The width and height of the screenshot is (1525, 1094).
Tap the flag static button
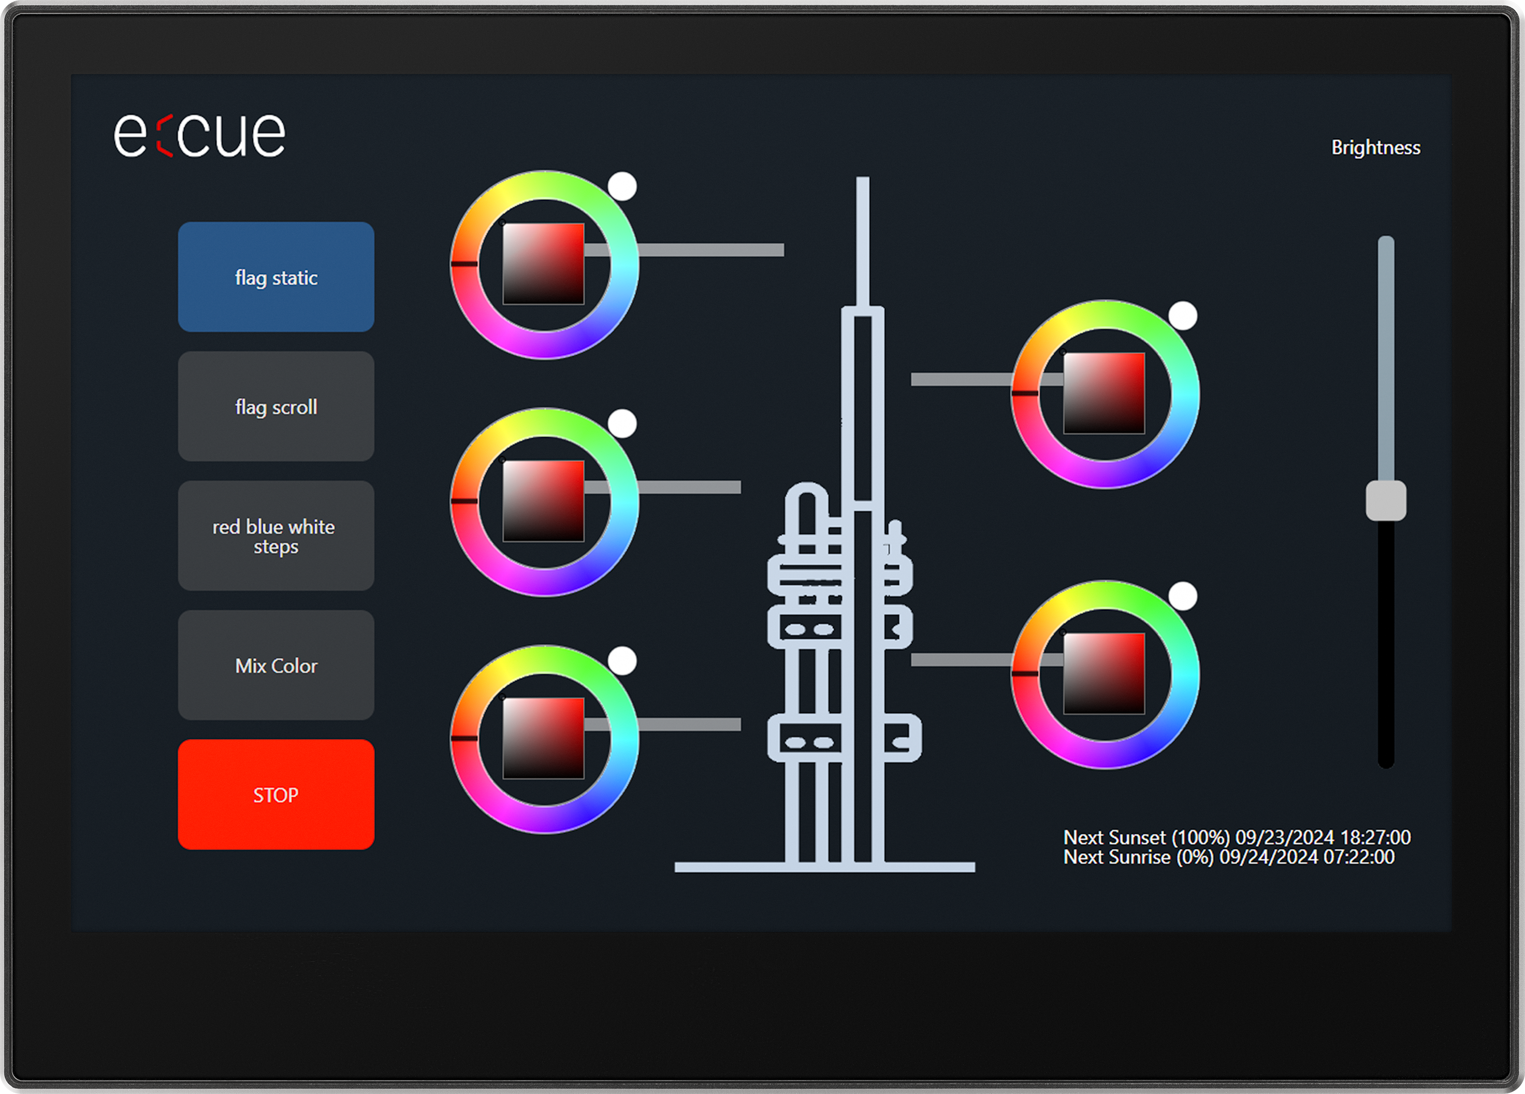(275, 277)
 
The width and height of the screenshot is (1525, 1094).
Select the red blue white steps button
(275, 536)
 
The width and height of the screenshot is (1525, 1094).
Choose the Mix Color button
(275, 666)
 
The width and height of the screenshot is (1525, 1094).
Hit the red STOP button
(275, 795)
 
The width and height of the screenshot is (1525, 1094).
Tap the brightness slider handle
(1385, 500)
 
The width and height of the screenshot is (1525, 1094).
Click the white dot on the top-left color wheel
(622, 186)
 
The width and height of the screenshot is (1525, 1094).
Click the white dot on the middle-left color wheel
(622, 424)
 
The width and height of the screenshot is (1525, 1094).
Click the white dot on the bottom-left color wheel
(622, 661)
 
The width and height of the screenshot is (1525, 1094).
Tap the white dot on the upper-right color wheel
(1182, 315)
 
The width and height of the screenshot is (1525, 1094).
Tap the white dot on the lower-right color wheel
(1182, 596)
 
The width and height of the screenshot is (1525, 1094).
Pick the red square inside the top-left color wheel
(543, 264)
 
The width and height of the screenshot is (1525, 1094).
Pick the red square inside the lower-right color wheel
(1103, 673)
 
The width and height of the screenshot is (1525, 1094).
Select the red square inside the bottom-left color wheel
(543, 738)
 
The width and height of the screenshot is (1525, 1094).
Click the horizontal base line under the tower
(824, 867)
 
